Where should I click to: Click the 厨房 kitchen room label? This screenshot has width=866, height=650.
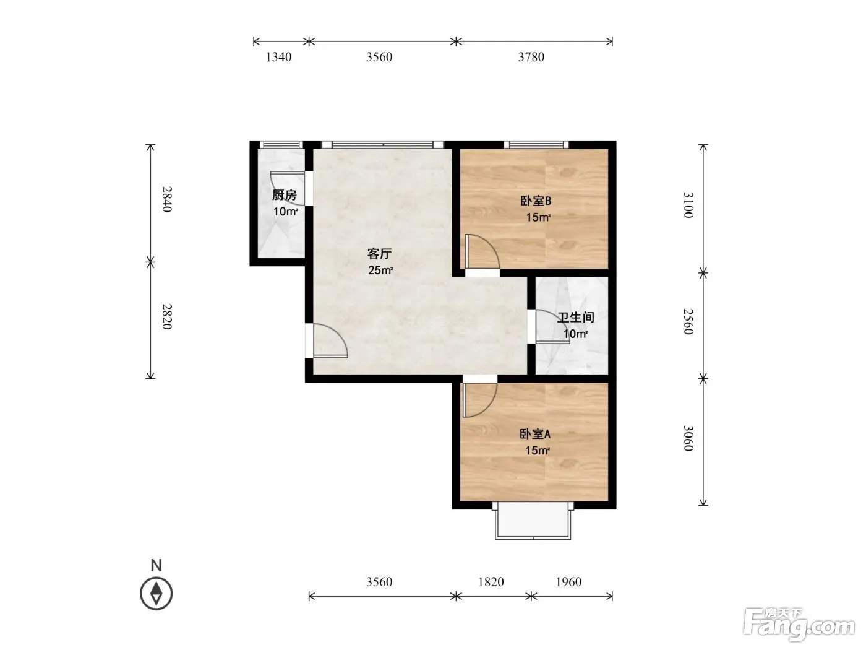pyautogui.click(x=284, y=195)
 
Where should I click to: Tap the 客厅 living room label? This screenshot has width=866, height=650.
pyautogui.click(x=379, y=253)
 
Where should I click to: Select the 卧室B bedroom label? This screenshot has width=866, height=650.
pyautogui.click(x=536, y=201)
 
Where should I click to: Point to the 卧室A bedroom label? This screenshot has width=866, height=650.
pyautogui.click(x=534, y=434)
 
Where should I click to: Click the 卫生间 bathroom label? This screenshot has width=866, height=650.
pyautogui.click(x=576, y=318)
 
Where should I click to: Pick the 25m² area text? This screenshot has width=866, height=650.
pyautogui.click(x=380, y=271)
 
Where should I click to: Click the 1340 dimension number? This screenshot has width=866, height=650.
pyautogui.click(x=278, y=57)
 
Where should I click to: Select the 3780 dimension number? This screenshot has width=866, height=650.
pyautogui.click(x=531, y=57)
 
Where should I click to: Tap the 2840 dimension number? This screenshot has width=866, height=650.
pyautogui.click(x=167, y=199)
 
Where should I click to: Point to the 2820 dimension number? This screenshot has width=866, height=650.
pyautogui.click(x=167, y=316)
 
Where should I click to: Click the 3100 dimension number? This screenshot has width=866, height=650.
pyautogui.click(x=688, y=205)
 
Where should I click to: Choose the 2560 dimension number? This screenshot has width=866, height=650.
pyautogui.click(x=688, y=322)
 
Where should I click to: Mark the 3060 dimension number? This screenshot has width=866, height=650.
pyautogui.click(x=688, y=438)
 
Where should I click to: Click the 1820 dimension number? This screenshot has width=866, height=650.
pyautogui.click(x=491, y=582)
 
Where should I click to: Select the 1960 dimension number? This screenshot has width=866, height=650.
pyautogui.click(x=568, y=582)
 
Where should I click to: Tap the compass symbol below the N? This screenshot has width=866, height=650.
pyautogui.click(x=156, y=593)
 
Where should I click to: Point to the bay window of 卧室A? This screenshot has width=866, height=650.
pyautogui.click(x=533, y=520)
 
